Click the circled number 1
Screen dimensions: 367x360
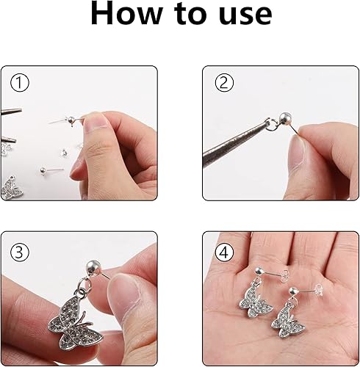pyautogui.click(x=21, y=83)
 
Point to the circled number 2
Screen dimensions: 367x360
pyautogui.click(x=223, y=84)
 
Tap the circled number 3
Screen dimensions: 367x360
pyautogui.click(x=21, y=251)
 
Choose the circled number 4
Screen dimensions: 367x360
pyautogui.click(x=223, y=251)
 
